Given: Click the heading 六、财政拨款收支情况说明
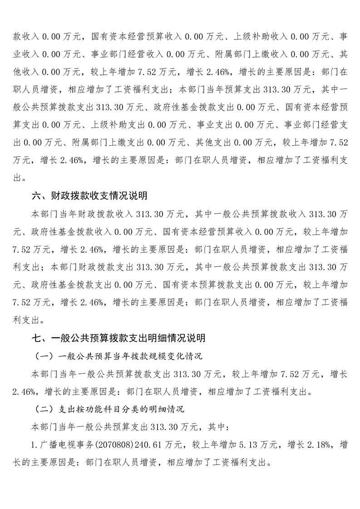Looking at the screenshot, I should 89,196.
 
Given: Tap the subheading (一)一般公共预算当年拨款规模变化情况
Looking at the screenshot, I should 118,356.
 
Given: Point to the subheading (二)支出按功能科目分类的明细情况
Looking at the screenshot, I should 109,409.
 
